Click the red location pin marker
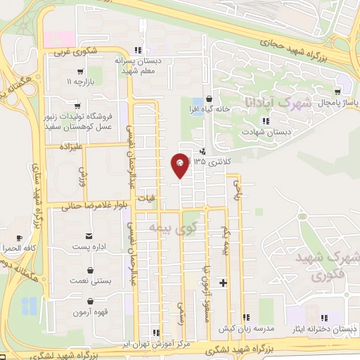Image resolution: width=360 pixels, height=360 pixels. coord(180,165)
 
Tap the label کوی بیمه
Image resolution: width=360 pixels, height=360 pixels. coord(169,227)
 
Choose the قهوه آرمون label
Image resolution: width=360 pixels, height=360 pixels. coord(89,311)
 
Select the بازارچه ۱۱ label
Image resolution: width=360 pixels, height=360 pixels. coord(79,83)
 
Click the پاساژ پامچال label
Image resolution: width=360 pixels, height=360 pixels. coord(337,103)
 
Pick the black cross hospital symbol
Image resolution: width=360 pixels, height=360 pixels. coord(224,283)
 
